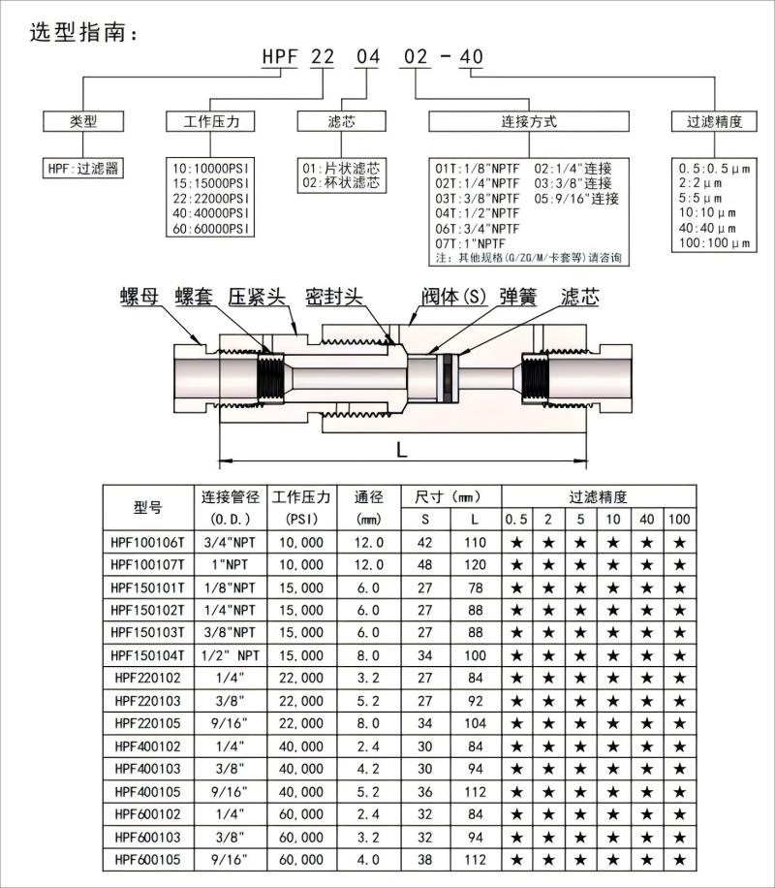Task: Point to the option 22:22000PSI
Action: point(210,196)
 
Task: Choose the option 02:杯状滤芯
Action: point(341,182)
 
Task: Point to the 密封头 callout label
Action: point(333,297)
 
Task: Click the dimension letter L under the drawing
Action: point(401,449)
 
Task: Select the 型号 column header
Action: point(147,507)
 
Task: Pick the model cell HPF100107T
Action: point(147,563)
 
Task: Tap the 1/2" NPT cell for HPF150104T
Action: point(231,654)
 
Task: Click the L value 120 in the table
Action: point(474,563)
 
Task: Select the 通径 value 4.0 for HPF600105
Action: point(370,858)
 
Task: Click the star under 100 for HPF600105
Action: point(680,858)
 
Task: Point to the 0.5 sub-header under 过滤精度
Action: point(516,519)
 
